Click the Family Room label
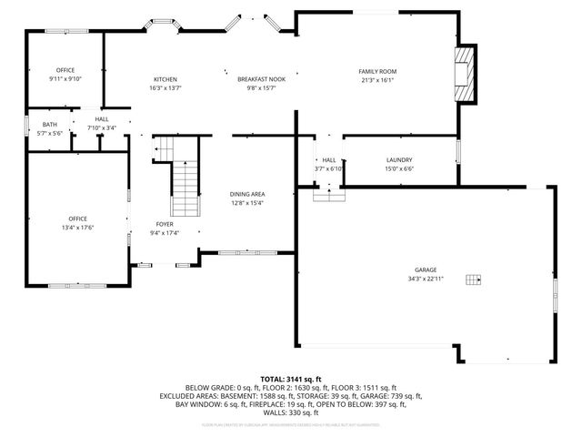coord(376,71)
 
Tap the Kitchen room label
coord(165,79)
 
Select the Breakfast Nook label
coord(262,79)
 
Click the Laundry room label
coord(399,160)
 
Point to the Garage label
coord(426,270)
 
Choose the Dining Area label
coord(247,194)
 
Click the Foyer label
coord(165,223)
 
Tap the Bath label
coord(48,125)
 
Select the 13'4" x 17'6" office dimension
coord(78,228)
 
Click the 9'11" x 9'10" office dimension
coord(65,79)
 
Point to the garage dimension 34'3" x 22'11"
coord(426,279)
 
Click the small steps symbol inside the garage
coord(472,279)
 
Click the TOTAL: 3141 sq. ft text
coord(291,379)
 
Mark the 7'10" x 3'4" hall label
coord(102,128)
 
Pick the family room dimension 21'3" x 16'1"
coord(376,80)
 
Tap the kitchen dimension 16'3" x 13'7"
coord(165,88)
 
